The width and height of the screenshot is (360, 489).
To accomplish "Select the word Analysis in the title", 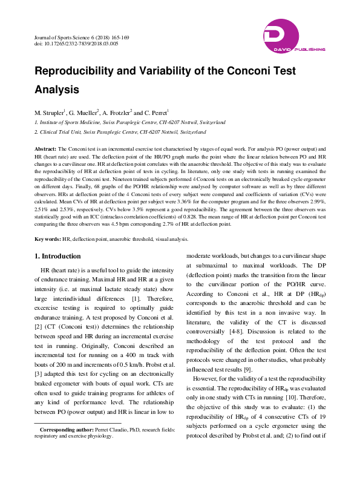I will coord(57,90).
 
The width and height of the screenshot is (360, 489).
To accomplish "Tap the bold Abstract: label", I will coord(45,148).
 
